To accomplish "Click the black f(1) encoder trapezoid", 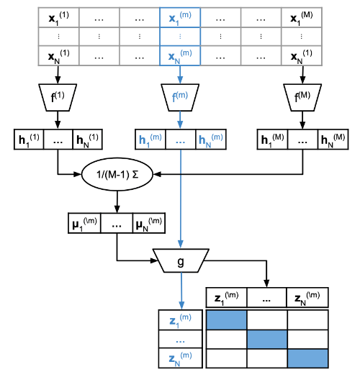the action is coord(58,97).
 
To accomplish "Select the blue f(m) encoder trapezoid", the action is coord(180,97).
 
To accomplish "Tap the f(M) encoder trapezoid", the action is coord(302,97).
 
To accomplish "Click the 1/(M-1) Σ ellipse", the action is coord(117,174).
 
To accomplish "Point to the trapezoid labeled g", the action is coord(181,260).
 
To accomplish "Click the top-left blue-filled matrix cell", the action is coord(227,319).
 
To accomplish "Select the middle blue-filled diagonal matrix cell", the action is coord(267,340).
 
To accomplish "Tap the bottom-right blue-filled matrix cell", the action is coord(307,358).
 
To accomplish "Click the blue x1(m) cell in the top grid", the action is coord(180,17).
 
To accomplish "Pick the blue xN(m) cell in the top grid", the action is coord(180,55).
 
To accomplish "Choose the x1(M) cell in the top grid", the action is coord(302,17).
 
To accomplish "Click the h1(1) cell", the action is coord(29,139).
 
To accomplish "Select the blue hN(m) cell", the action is coord(211,139).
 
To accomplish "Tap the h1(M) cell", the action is coord(272,139).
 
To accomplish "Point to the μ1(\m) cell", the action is coord(84,223).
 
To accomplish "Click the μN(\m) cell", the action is coord(149,223).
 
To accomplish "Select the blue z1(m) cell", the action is coord(181,319).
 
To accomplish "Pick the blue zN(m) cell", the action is coord(181,358).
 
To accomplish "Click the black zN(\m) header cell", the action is coord(307,297).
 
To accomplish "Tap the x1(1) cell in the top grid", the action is coord(58,17).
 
